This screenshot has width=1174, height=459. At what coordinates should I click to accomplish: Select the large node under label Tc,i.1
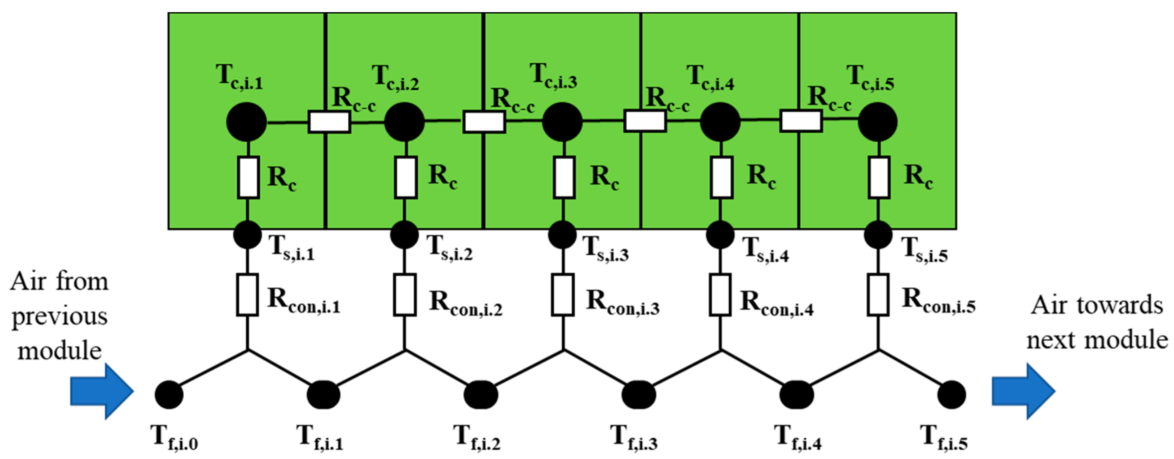click(247, 122)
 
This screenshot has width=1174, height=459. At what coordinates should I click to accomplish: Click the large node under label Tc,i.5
click(878, 122)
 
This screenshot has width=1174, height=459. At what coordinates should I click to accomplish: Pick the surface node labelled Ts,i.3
click(562, 235)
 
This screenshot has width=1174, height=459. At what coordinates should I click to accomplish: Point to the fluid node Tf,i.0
click(169, 394)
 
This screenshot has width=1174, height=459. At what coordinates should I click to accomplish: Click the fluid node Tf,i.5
click(952, 394)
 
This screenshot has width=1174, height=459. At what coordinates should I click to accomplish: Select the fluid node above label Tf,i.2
click(481, 394)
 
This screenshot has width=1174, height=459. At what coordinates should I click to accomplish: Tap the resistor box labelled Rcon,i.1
click(247, 295)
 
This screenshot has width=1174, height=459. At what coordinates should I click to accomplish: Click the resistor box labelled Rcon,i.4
click(720, 295)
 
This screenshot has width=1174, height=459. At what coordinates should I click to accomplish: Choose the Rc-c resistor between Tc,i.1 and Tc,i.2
click(329, 122)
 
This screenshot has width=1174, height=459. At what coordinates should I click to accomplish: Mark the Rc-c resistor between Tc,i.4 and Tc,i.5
click(801, 121)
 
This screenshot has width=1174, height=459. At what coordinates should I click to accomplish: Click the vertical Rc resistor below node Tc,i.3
click(564, 177)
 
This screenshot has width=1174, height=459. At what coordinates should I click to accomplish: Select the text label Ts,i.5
click(925, 251)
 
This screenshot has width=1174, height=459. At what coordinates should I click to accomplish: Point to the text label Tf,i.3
click(634, 438)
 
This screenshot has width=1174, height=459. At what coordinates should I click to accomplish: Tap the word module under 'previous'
click(59, 351)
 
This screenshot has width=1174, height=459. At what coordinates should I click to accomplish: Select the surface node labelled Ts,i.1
click(247, 235)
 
